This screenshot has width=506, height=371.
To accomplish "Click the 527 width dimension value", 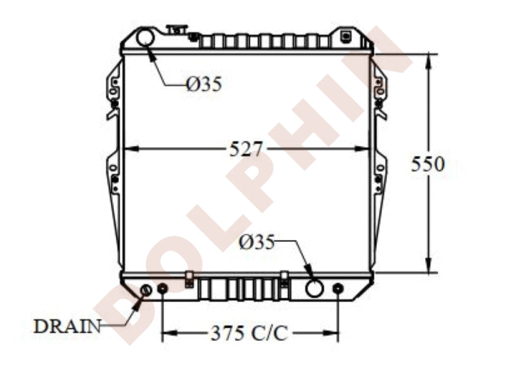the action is (245, 149).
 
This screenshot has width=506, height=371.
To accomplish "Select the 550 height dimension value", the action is (428, 164).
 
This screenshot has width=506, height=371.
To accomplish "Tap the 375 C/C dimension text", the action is (249, 333).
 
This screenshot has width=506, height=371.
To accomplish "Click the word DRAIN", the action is (67, 326).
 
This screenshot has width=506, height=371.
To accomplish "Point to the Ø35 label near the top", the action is (204, 85).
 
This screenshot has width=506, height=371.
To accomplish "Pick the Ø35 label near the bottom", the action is (257, 242).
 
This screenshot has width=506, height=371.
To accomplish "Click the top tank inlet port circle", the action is (145, 37).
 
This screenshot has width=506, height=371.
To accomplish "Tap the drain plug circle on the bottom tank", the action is (146, 290).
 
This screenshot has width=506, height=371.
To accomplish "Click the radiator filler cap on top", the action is (177, 29).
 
